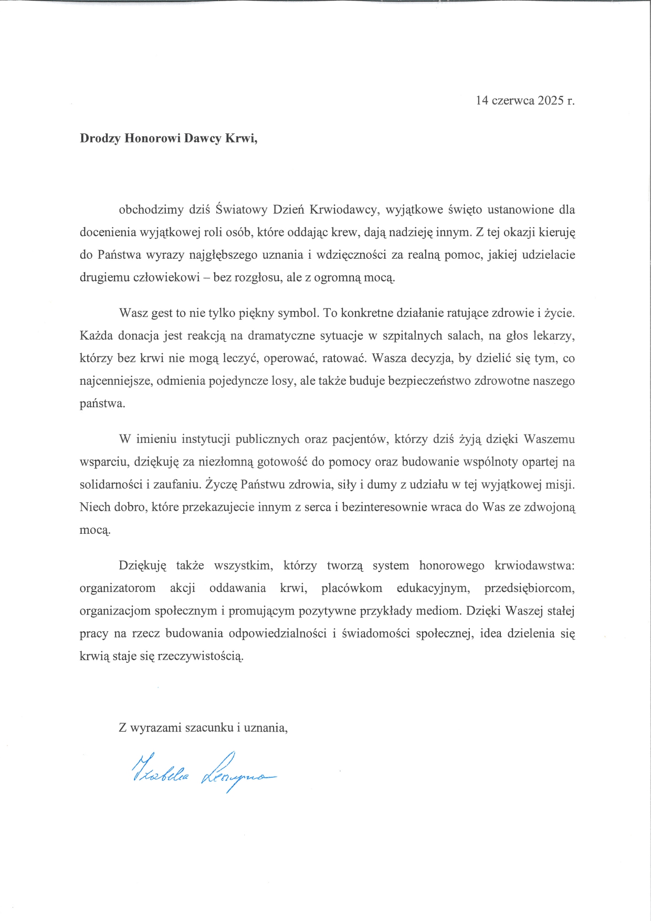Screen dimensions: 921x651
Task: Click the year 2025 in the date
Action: coord(550,100)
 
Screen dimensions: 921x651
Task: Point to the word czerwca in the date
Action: coord(513,100)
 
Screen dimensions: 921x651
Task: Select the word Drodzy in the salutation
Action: coord(100,139)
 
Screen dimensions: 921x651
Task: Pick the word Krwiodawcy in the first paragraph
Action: coord(343,210)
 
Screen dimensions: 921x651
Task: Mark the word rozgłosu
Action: coord(259,278)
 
